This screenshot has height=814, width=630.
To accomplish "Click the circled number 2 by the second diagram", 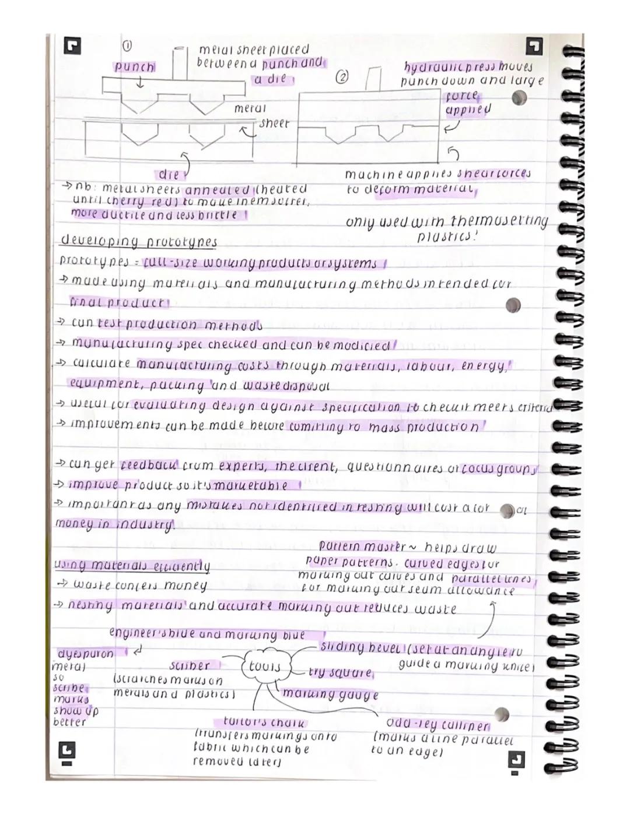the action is (x=342, y=77).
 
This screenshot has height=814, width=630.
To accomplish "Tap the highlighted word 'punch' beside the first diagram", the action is (x=134, y=67).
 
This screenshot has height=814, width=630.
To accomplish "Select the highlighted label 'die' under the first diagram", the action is (x=169, y=174).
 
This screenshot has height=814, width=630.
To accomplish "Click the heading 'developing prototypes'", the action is (x=138, y=242).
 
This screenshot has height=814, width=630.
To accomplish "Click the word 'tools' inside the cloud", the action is (x=264, y=667).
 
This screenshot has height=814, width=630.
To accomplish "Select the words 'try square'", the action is (x=341, y=673).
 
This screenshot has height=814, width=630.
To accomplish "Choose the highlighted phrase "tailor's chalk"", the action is (x=264, y=723).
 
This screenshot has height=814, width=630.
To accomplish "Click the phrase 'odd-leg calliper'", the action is (x=438, y=726).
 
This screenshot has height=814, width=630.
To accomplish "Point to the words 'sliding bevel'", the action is (x=360, y=647).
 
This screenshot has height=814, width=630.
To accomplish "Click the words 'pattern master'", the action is (x=362, y=547).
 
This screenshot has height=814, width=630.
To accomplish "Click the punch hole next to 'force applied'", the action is (x=519, y=98).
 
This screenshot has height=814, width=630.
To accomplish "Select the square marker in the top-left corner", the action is (x=73, y=47).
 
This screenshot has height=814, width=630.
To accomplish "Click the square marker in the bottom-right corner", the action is (x=515, y=759).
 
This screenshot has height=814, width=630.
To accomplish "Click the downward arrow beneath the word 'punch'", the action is (x=139, y=84).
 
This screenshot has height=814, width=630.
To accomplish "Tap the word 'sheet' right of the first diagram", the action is (x=274, y=124).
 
